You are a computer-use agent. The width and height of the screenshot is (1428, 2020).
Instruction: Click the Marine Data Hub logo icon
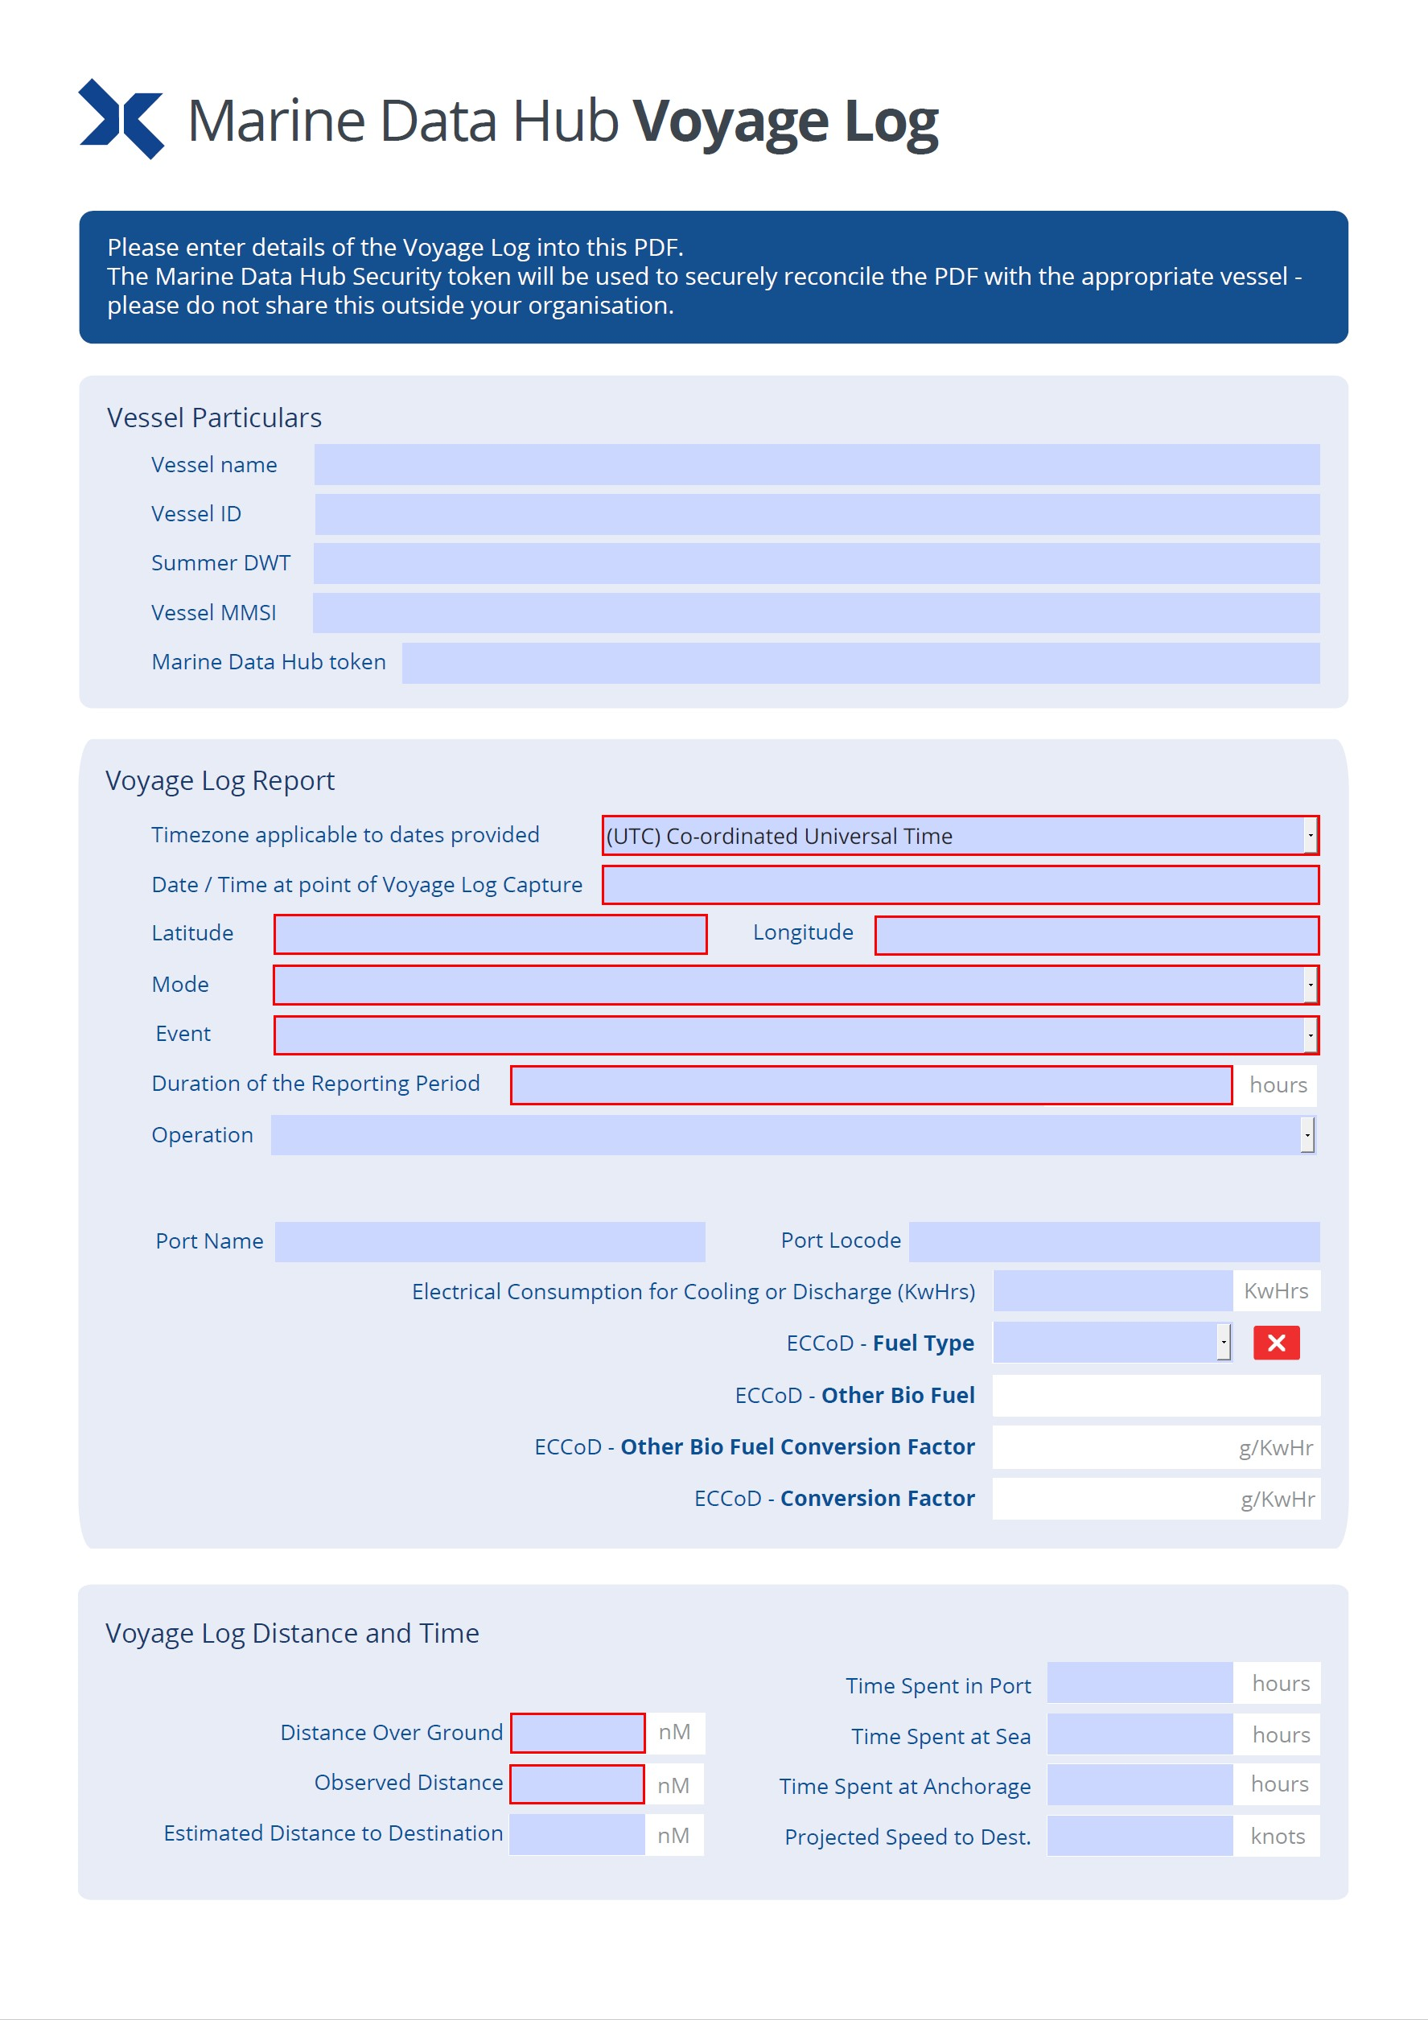121,119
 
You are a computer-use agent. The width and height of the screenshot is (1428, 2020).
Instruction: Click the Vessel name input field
816,464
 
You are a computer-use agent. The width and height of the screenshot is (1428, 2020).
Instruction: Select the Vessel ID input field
816,514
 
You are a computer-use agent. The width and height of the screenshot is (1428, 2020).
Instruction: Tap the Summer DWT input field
816,563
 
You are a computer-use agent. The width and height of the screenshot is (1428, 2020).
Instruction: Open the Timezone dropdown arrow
1309,835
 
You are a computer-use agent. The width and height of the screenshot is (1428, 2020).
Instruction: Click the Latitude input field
490,934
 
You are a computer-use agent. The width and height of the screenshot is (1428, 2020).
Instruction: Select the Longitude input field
1097,934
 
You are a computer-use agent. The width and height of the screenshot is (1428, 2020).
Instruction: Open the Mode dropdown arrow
1309,985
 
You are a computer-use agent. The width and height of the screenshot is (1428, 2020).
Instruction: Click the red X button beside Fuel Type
1276,1343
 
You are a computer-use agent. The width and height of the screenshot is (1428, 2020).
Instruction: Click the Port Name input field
489,1241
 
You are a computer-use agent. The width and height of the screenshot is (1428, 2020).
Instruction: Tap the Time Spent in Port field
1138,1682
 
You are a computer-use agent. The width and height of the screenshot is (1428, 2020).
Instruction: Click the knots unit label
1277,1835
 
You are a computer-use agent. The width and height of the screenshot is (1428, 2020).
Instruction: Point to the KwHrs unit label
1275,1290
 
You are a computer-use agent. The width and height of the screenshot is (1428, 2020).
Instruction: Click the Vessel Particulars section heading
214,417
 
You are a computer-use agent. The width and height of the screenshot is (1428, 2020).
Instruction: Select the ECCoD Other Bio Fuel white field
1155,1396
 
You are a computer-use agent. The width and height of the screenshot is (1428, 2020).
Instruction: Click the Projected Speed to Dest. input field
1138,1835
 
